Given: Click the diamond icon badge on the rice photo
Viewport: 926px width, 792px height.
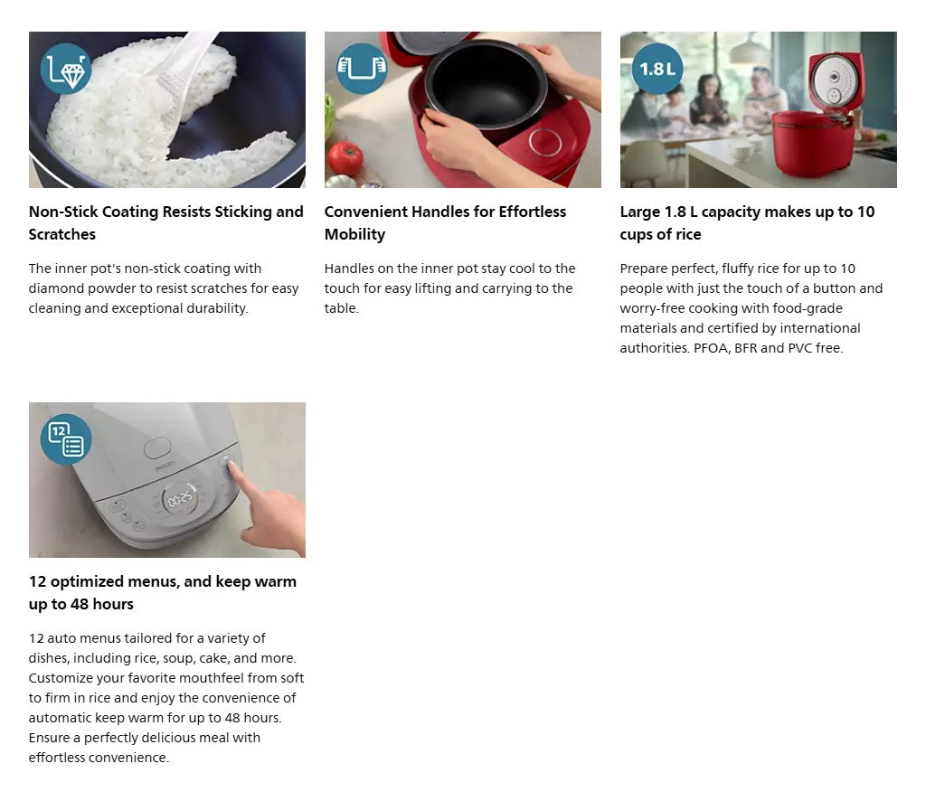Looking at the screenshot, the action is pos(65,69).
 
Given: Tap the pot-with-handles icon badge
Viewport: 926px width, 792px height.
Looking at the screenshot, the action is pos(362,69).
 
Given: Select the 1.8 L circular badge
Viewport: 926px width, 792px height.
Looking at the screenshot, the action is pos(657,69).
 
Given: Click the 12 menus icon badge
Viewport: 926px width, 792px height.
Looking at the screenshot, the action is pos(65,438).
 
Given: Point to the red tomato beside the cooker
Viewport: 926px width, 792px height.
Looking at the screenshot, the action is pos(345,158).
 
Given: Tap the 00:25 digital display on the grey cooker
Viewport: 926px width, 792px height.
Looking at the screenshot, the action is pos(180,500).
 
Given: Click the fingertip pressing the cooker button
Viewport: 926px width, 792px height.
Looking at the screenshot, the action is pos(232,467).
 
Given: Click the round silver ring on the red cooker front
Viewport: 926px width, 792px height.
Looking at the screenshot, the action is pos(545,142).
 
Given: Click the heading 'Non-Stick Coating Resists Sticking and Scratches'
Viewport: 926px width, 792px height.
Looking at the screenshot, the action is pos(166,222).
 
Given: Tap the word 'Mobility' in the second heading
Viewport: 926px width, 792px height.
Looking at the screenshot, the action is pos(354,234).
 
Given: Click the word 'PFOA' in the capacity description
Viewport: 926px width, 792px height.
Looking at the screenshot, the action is pos(712,348).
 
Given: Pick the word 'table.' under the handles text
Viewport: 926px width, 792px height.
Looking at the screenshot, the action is pos(341,308).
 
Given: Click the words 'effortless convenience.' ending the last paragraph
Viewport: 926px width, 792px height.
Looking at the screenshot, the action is pos(99,758).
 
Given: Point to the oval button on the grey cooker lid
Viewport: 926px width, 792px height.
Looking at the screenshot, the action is pos(157,448).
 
